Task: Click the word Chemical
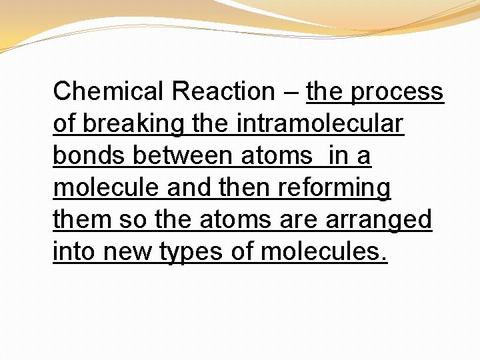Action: [x=107, y=91]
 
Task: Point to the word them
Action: [x=81, y=219]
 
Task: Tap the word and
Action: [x=189, y=187]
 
